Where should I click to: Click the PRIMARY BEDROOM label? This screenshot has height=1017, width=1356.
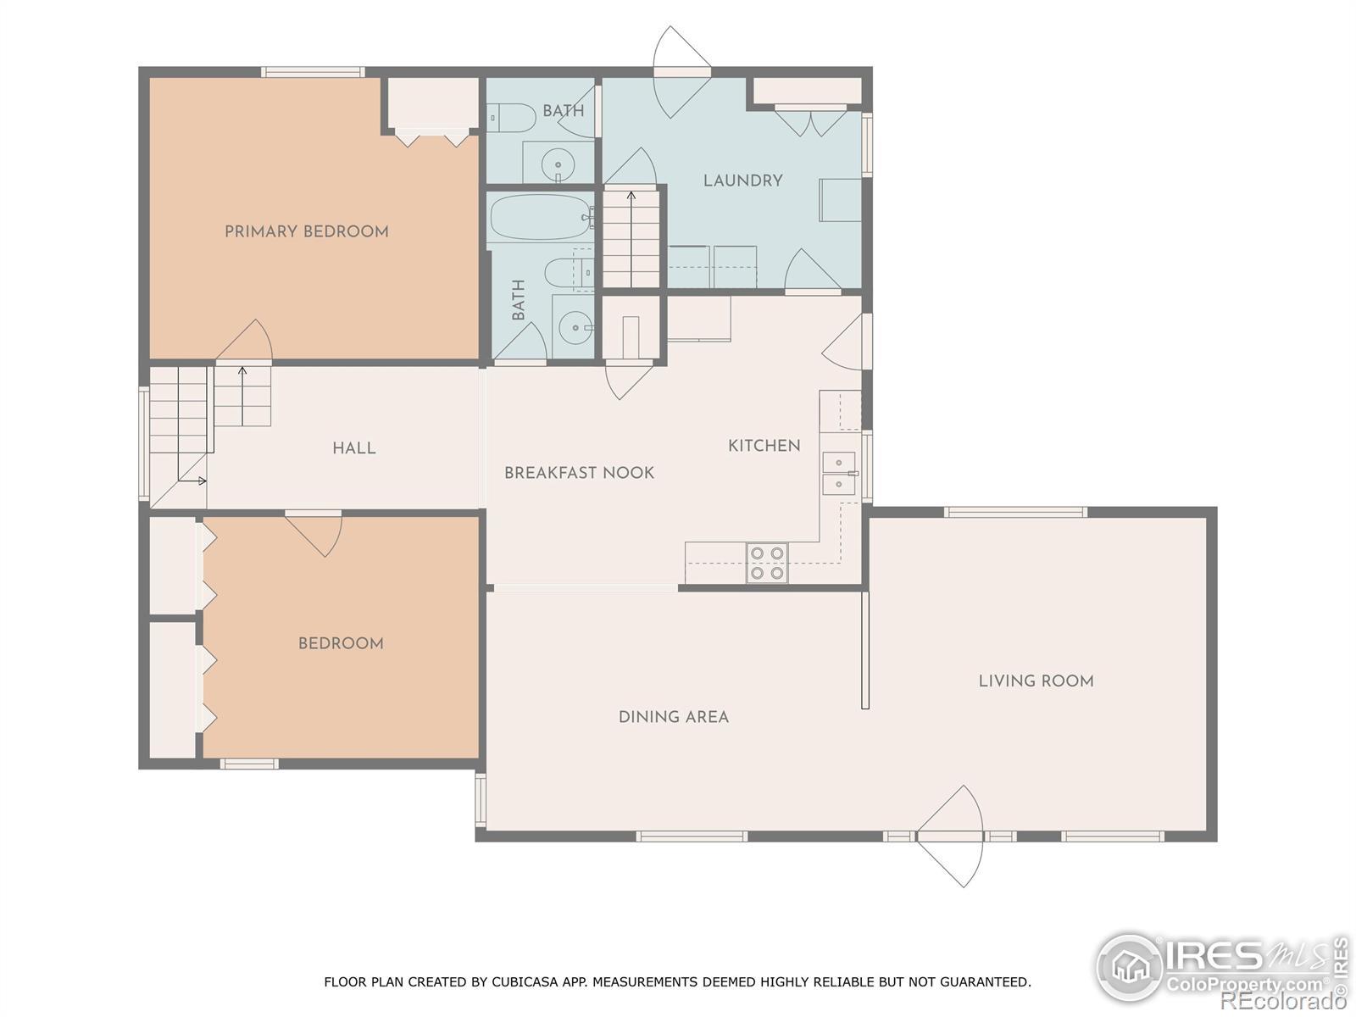point(307,231)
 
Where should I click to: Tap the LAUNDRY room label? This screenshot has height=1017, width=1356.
point(743,181)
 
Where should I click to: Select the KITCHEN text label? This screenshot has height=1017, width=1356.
point(764,445)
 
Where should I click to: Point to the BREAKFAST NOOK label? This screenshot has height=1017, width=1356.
point(579,472)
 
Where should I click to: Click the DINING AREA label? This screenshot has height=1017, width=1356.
point(674,716)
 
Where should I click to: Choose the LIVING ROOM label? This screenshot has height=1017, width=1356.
point(1036,681)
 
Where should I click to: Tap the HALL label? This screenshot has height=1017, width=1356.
point(354,447)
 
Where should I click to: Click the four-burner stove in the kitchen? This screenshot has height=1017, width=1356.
point(767,563)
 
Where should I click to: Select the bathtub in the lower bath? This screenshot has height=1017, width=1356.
point(542,217)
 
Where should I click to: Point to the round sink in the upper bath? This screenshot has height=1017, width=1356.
point(558,165)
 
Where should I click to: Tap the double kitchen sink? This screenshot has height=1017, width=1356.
point(839,473)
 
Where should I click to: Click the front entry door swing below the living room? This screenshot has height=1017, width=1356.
point(950,836)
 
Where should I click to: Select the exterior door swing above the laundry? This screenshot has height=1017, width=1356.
point(681,72)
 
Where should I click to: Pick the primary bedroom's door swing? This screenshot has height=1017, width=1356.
point(245,342)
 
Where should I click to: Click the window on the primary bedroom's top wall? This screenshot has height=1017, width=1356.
point(313,72)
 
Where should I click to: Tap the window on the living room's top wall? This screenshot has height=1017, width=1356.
point(1016,512)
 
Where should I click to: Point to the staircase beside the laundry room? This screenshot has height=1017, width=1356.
point(631,238)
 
